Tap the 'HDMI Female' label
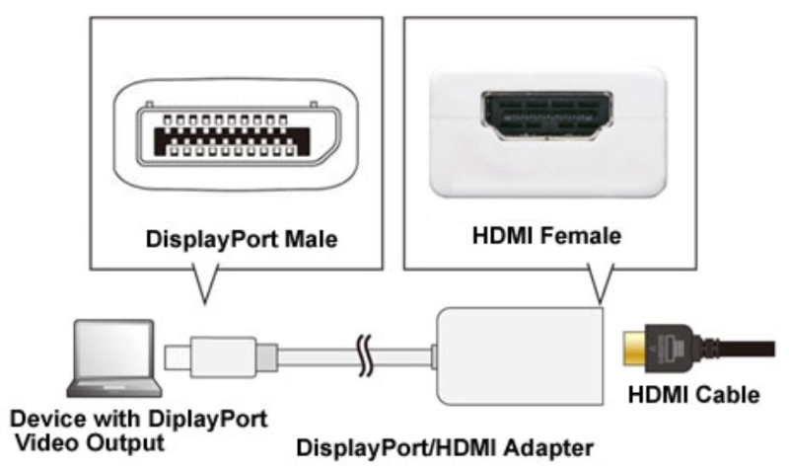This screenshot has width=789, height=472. coord(546,236)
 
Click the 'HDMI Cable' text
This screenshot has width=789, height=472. coord(693,396)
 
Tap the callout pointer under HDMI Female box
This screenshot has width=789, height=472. coord(596,283)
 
